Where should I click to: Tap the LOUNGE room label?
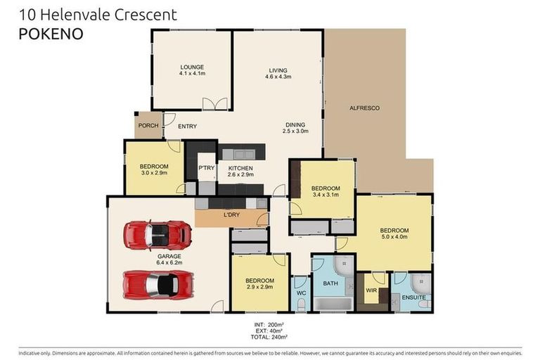191,67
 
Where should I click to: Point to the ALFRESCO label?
364,108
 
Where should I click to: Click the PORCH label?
148,126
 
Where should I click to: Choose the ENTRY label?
187,127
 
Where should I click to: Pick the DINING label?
295,124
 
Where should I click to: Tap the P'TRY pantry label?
206,168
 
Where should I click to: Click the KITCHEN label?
240,168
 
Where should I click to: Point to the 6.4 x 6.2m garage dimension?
169,264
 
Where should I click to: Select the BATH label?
330,283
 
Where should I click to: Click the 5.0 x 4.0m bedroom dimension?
394,237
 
